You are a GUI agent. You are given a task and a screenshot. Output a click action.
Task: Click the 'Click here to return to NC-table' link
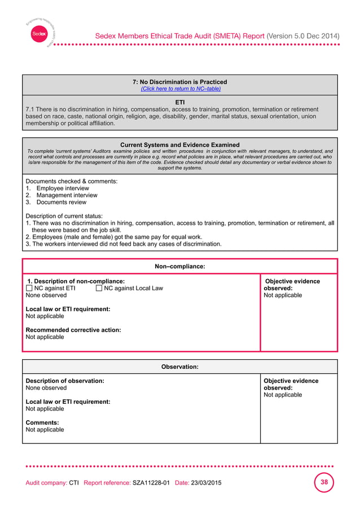tap(180, 89)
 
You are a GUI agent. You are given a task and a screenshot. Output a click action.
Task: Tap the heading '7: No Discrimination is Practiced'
tap(180, 82)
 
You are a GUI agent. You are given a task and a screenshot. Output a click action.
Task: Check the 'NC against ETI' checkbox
tap(30, 289)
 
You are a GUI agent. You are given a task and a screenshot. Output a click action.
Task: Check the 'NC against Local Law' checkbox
tap(99, 289)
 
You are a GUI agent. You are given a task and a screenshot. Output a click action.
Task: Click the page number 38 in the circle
tap(324, 483)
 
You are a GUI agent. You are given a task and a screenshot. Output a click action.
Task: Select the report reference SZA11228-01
tap(151, 483)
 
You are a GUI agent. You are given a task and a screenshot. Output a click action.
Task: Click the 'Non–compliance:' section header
tap(180, 266)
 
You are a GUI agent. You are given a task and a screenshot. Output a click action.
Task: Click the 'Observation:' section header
tap(180, 367)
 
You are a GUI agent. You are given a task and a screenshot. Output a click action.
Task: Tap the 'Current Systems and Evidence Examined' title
tap(180, 145)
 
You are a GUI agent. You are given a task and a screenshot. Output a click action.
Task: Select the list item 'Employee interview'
tap(62, 189)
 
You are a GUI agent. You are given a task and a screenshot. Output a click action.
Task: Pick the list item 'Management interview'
tap(67, 195)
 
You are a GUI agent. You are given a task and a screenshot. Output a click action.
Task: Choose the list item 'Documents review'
tap(61, 202)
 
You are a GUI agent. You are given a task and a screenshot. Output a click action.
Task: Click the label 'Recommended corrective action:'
tap(73, 330)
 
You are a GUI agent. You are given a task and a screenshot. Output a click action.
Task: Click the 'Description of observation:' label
tap(65, 381)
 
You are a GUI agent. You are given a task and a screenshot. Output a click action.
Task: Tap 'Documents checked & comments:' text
tap(72, 181)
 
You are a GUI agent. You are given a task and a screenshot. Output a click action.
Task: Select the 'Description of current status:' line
tap(64, 216)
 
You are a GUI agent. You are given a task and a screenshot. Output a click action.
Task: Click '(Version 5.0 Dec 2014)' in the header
tap(303, 36)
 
